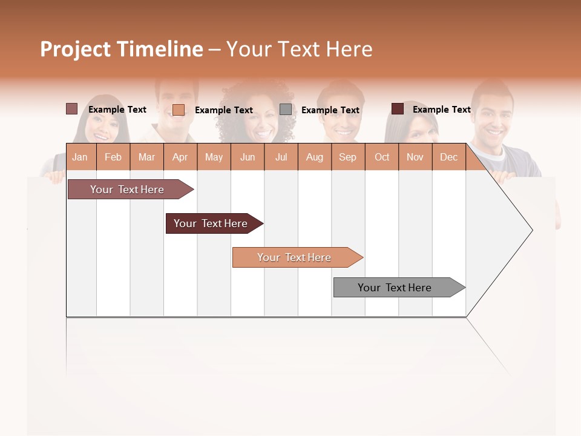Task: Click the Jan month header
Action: pyautogui.click(x=80, y=157)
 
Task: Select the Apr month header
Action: pyautogui.click(x=180, y=157)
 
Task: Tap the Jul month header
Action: pyautogui.click(x=281, y=157)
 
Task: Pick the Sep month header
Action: pyautogui.click(x=347, y=157)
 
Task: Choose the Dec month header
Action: pyautogui.click(x=448, y=157)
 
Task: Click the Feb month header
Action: pyautogui.click(x=113, y=157)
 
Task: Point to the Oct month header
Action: pyautogui.click(x=382, y=157)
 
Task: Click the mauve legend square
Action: pyautogui.click(x=71, y=109)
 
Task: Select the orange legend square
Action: pyautogui.click(x=178, y=110)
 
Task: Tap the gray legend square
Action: pyautogui.click(x=286, y=109)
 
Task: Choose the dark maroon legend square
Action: pyautogui.click(x=397, y=109)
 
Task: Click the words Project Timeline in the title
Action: pyautogui.click(x=121, y=49)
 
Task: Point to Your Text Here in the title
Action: pyautogui.click(x=300, y=49)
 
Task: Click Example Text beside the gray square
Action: pyautogui.click(x=330, y=110)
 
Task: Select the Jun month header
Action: pyautogui.click(x=248, y=157)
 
